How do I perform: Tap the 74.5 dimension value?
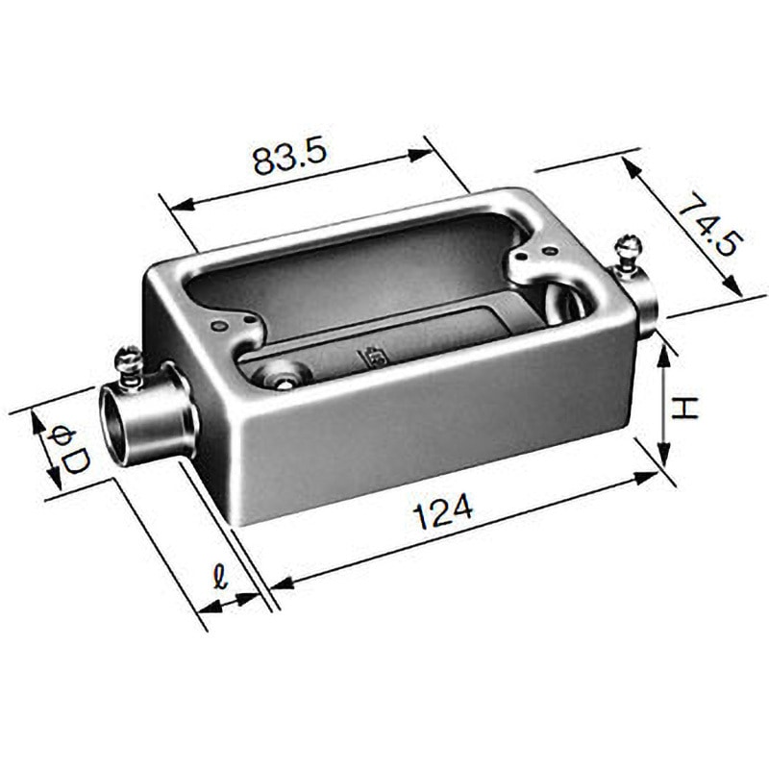coord(710,227)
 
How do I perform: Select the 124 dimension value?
coord(443,510)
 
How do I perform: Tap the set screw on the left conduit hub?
coord(129,362)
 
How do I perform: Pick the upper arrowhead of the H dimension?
coord(663,352)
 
